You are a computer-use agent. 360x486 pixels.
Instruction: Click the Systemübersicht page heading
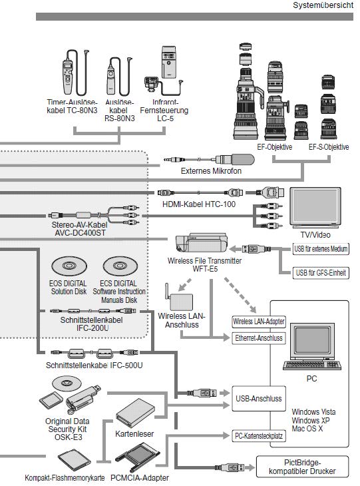point(323,5)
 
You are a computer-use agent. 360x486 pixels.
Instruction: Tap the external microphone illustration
point(209,160)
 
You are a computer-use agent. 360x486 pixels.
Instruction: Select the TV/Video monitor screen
point(315,206)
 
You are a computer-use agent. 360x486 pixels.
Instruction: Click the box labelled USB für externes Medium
point(321,248)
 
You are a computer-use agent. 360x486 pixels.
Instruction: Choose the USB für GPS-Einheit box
point(321,273)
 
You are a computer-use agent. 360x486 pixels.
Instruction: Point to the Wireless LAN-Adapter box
point(259,322)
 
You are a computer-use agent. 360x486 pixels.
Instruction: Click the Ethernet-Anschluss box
point(259,338)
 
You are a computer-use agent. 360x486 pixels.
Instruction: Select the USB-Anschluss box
point(259,399)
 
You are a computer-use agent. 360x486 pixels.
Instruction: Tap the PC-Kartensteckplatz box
point(259,436)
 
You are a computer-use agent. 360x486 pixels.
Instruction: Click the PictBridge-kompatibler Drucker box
point(302,467)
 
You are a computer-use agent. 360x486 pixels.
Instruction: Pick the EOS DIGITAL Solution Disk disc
point(69,266)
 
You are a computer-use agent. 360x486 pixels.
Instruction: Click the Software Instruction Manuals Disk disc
point(120,266)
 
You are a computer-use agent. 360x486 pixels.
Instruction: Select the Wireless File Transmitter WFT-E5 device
point(202,244)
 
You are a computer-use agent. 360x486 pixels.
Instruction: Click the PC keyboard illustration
point(312,365)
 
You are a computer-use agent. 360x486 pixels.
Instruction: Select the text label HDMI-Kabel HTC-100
point(199,204)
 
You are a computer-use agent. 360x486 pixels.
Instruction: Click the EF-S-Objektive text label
point(329,147)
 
